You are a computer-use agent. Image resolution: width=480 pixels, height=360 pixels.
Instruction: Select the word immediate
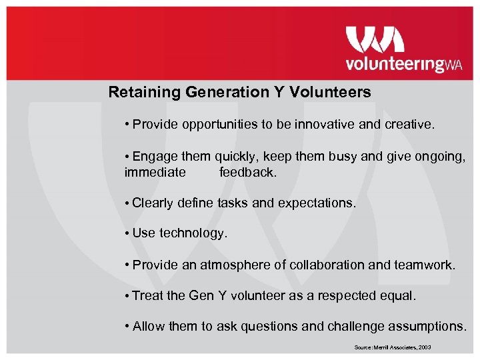pos(155,173)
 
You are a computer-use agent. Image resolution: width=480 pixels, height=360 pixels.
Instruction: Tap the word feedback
pos(247,173)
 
